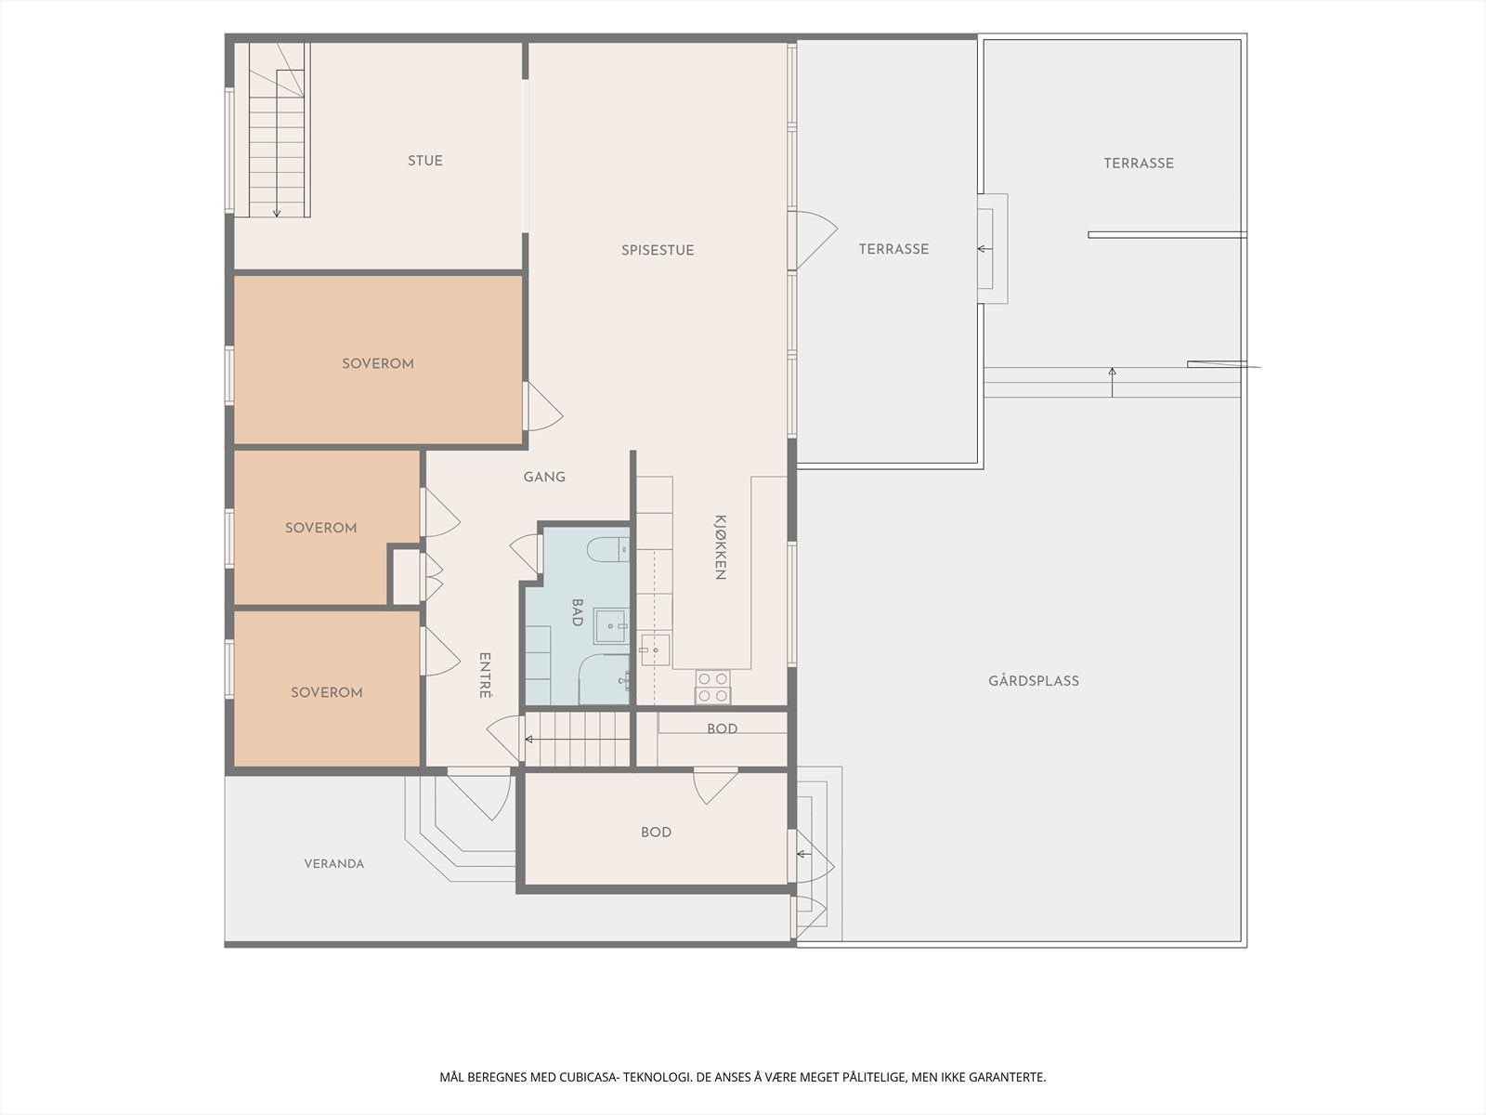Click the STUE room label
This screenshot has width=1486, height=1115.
click(425, 161)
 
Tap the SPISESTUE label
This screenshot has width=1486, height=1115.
click(658, 250)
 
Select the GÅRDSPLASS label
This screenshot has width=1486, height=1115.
click(1033, 680)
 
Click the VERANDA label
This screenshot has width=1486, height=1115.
click(333, 863)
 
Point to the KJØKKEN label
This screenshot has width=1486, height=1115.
click(721, 547)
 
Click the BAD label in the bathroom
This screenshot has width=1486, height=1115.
click(577, 612)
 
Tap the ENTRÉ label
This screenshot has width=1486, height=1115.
click(485, 675)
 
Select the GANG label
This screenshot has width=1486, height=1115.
click(544, 477)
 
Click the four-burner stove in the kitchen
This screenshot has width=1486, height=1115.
click(713, 687)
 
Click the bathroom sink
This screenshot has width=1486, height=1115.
click(610, 625)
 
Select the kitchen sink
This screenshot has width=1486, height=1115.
click(655, 649)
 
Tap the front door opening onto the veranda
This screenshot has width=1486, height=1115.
click(478, 794)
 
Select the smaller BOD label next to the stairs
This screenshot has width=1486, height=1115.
click(722, 728)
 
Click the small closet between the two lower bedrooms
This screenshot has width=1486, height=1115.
click(406, 577)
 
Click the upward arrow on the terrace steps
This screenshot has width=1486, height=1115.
click(1112, 382)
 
